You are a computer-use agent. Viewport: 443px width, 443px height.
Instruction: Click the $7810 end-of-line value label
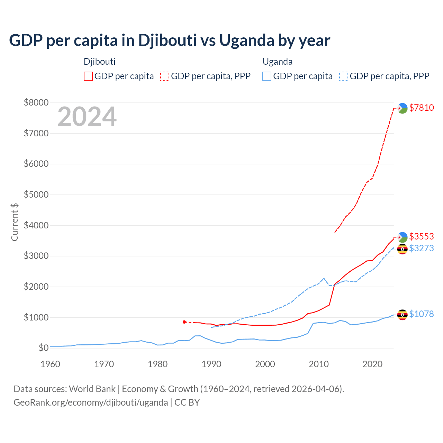(421, 108)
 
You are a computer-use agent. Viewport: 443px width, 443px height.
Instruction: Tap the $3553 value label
(421, 236)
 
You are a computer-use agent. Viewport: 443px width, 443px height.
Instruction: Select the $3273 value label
(421, 248)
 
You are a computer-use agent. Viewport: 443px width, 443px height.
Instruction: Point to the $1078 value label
(421, 314)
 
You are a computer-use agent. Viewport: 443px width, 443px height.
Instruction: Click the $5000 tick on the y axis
(36, 195)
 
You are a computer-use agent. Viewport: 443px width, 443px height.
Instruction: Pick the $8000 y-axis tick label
(36, 102)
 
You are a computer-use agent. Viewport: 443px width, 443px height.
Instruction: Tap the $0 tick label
(43, 347)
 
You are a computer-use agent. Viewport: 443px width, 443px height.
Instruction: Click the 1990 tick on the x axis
(211, 364)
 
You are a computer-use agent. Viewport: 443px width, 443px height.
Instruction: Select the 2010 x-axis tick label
(319, 364)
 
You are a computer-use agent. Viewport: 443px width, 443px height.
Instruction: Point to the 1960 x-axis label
(51, 364)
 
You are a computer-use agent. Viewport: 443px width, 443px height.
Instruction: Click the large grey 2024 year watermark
(87, 117)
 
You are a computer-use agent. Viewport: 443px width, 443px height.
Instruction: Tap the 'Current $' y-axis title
(15, 222)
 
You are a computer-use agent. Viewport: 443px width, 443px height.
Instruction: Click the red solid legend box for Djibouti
(88, 76)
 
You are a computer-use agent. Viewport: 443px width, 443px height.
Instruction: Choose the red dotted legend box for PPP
(165, 76)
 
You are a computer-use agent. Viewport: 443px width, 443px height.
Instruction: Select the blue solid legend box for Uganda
(267, 76)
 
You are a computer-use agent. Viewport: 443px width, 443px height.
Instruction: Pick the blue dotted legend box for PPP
(344, 76)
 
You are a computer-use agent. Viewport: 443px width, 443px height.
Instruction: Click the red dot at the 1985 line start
(184, 322)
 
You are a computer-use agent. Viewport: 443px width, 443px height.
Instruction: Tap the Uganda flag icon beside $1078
(402, 315)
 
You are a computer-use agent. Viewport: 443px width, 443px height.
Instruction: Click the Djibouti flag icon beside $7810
(402, 108)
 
